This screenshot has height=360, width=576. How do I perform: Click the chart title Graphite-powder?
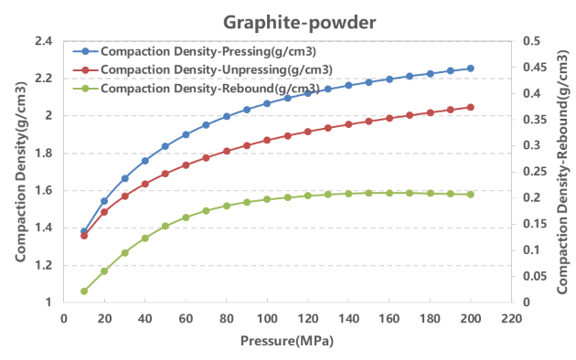287,19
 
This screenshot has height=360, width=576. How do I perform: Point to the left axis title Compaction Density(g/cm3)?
19,172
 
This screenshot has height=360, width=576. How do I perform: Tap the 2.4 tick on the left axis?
41,41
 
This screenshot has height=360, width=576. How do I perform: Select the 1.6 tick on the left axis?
41,191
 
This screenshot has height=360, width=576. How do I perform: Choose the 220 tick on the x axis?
511,319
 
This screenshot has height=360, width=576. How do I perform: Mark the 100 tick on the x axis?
267,319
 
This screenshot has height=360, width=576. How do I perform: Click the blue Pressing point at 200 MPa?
471,69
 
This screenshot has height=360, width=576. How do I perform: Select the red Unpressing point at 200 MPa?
471,107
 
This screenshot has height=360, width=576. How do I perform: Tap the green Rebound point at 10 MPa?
84,291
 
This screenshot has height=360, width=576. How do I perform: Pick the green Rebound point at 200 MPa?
471,195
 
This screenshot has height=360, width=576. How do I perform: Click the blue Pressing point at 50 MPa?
165,146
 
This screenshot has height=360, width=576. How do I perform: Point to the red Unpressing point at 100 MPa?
267,140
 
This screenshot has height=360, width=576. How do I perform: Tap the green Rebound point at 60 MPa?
186,217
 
